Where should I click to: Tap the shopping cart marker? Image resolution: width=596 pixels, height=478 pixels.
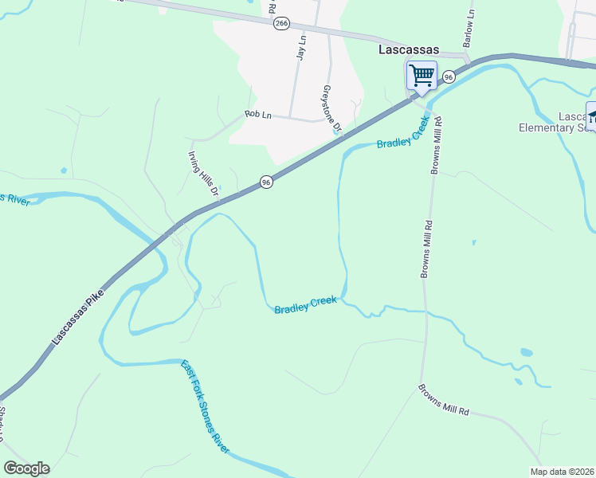pyautogui.click(x=422, y=76)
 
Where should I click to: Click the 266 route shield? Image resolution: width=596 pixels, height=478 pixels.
pyautogui.click(x=280, y=24)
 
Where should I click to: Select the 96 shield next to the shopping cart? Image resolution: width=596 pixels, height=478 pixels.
pyautogui.click(x=449, y=76)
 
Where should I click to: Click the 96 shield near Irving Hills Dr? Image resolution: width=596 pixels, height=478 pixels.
pyautogui.click(x=266, y=182)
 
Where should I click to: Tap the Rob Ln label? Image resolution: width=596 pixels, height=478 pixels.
pyautogui.click(x=258, y=115)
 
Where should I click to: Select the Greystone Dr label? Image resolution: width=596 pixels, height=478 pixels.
pyautogui.click(x=331, y=108)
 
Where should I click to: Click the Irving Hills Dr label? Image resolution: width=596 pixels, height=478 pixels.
pyautogui.click(x=202, y=174)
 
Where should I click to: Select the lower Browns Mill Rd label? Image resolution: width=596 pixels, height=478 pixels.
pyautogui.click(x=444, y=400)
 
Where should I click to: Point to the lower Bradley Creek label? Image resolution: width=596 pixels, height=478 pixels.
pyautogui.click(x=306, y=305)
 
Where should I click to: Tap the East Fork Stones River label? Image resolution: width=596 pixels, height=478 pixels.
pyautogui.click(x=205, y=407)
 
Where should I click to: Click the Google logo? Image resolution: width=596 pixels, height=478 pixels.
pyautogui.click(x=26, y=468)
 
